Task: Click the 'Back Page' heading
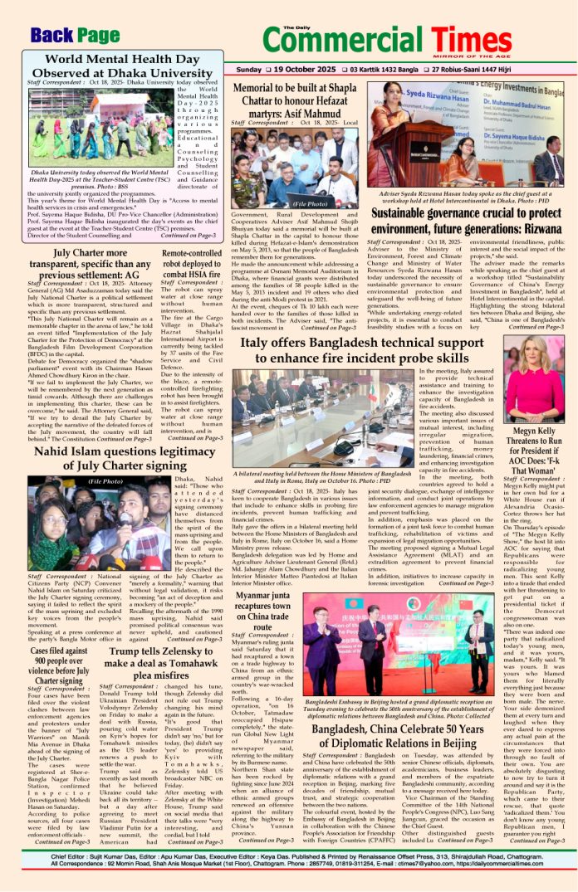coord(76,36)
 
